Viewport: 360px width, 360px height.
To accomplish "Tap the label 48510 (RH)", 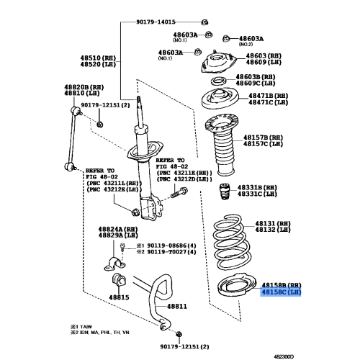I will (x=96, y=55).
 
